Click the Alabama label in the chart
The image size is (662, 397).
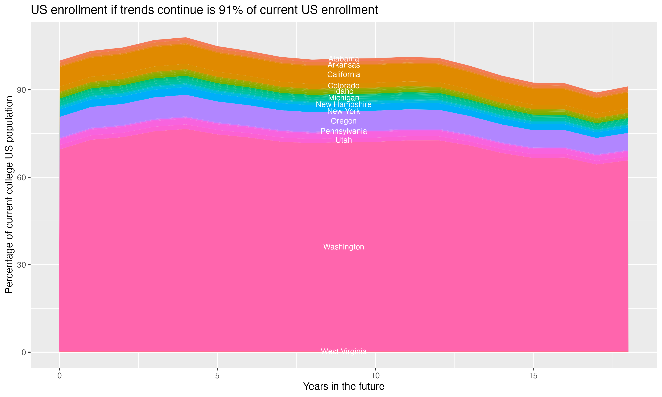tap(344, 59)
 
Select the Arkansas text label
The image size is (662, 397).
tap(344, 65)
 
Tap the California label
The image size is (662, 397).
tap(344, 74)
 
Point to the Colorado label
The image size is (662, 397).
tap(344, 86)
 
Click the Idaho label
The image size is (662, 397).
tap(344, 91)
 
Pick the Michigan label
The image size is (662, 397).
tap(344, 98)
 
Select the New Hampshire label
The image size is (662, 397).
tap(344, 104)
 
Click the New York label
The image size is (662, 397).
tap(344, 111)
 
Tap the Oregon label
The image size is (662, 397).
tap(344, 121)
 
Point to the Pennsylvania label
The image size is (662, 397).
tap(344, 131)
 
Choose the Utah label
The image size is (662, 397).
tap(344, 140)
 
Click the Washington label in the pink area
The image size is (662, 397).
tap(344, 247)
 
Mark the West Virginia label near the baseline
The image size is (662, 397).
tap(344, 351)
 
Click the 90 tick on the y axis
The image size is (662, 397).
tap(22, 90)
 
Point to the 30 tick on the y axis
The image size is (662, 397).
tap(22, 265)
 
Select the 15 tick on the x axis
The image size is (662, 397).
tap(533, 376)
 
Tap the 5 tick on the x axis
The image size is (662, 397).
tap(217, 376)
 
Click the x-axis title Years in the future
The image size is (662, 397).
tap(344, 386)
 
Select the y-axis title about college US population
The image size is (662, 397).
tap(9, 195)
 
